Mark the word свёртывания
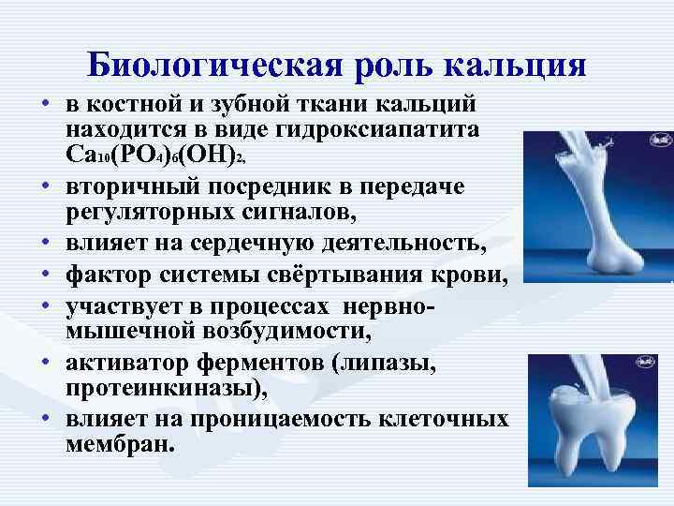pos(352,277)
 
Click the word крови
pos(466,277)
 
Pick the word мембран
pos(120,444)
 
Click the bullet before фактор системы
pos(44,278)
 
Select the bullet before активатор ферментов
pos(44,364)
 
